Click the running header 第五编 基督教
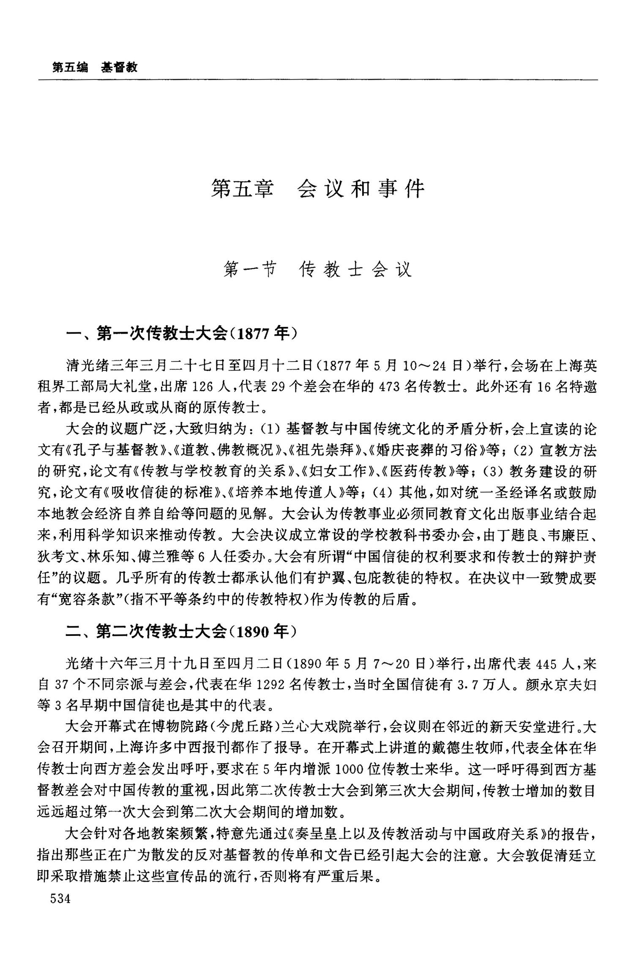tap(95, 67)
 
